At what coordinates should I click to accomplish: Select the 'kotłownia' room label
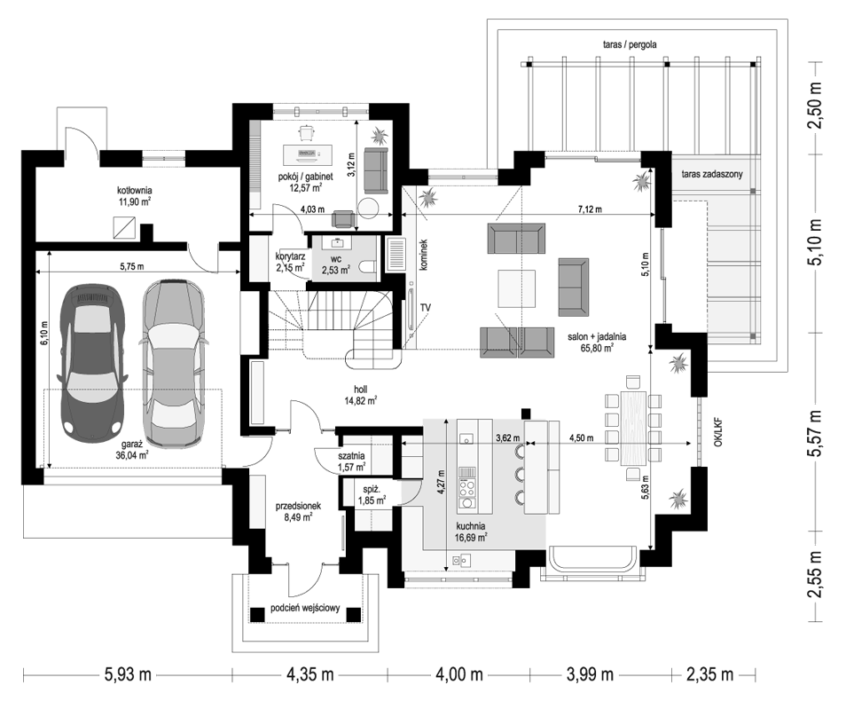[134, 191]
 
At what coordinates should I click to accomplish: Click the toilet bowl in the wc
[369, 267]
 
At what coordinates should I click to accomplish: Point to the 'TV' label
[426, 308]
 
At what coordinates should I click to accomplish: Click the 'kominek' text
[424, 255]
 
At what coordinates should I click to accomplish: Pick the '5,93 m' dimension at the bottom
[128, 674]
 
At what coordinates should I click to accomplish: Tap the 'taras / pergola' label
[630, 45]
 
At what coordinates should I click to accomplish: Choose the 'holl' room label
[360, 390]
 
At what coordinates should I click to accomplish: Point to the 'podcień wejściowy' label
[305, 608]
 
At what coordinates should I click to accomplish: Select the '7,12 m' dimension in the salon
[590, 209]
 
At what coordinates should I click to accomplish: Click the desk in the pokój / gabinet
[308, 155]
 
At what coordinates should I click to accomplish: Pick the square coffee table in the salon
[517, 287]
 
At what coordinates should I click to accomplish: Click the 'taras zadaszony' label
[712, 174]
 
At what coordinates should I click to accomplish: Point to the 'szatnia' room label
[351, 456]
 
